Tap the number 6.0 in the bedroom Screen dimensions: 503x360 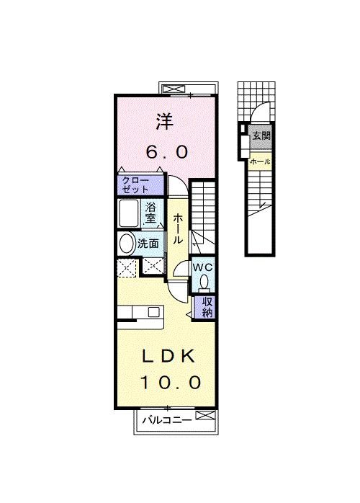168,151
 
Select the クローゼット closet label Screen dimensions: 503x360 135,184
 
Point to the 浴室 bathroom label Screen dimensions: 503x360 152,213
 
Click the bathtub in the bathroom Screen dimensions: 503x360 130,214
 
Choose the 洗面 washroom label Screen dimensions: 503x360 148,244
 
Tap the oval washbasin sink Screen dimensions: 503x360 127,244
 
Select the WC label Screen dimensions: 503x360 201,267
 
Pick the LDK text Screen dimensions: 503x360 168,356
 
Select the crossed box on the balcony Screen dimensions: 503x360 205,417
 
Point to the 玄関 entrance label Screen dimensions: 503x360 260,135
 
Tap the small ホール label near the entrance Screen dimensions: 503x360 259,162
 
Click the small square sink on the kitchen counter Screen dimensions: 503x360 153,312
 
